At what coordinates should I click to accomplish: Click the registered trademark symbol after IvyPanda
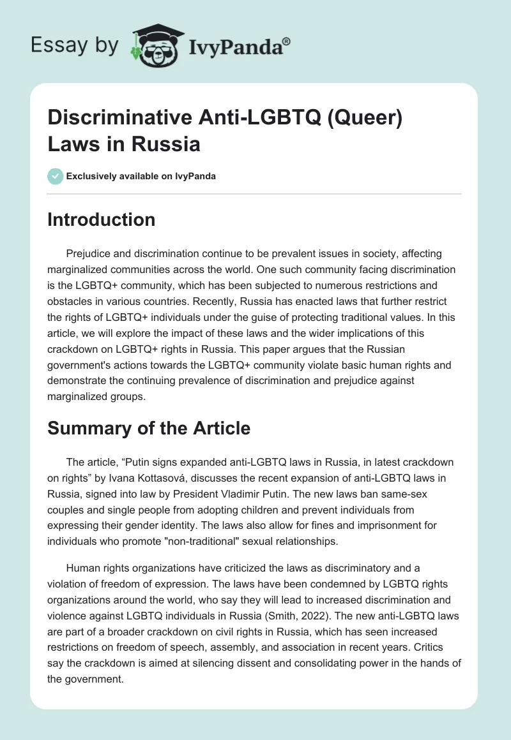[287, 41]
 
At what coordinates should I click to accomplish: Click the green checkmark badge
[55, 176]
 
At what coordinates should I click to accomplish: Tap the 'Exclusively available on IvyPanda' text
[141, 176]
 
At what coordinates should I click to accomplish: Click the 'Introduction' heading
[101, 219]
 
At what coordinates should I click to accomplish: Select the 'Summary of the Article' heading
[149, 429]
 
